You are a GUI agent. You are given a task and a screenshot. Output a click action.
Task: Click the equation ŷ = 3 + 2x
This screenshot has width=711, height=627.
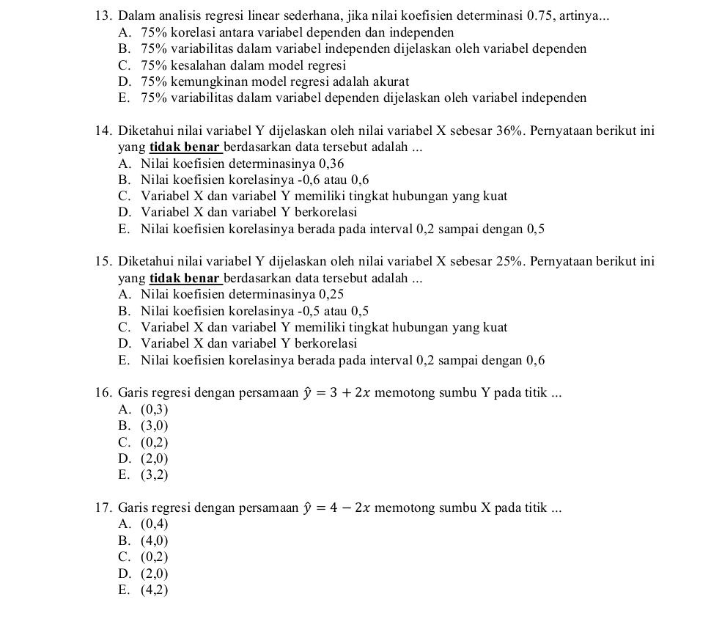click(x=341, y=392)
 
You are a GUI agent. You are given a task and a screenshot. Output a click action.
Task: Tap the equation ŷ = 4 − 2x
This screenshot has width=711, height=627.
click(x=341, y=507)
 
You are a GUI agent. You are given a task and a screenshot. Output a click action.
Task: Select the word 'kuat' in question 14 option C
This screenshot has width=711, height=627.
click(x=494, y=196)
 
